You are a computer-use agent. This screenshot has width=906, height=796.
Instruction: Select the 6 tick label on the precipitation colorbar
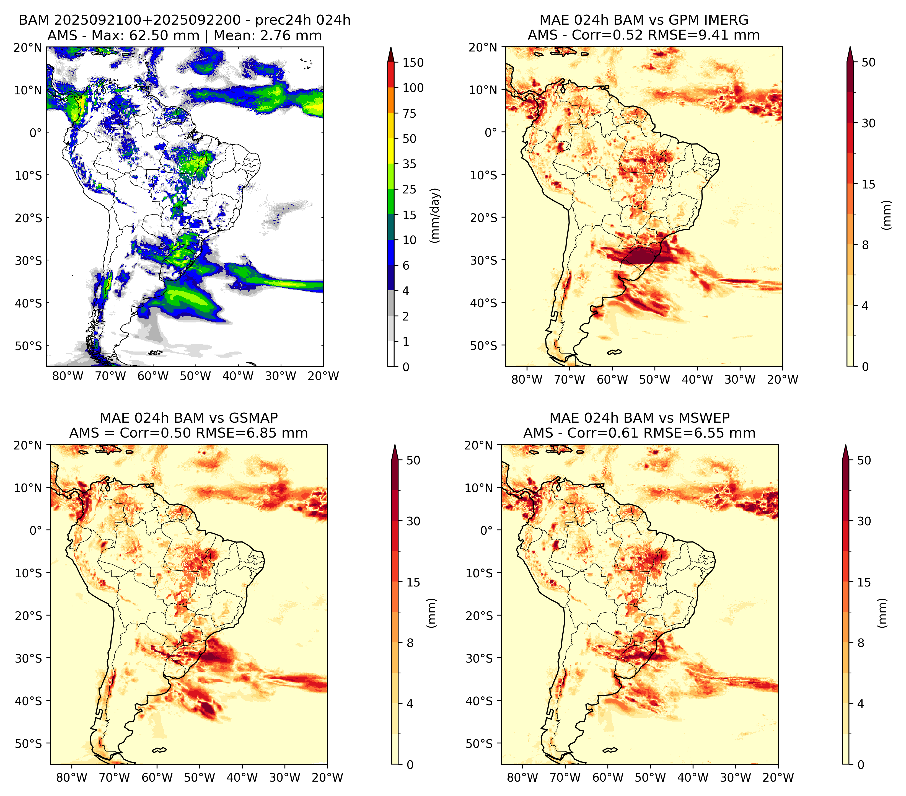[406, 265]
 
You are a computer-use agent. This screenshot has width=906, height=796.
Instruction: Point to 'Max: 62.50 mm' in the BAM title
[145, 35]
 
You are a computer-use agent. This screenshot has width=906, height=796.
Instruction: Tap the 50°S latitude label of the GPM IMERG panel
[484, 346]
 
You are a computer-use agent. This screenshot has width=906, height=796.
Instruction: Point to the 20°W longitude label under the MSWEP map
[778, 777]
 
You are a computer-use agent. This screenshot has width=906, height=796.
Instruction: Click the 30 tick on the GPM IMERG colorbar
[868, 123]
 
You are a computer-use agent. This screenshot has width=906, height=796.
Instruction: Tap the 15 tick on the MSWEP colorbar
[864, 582]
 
